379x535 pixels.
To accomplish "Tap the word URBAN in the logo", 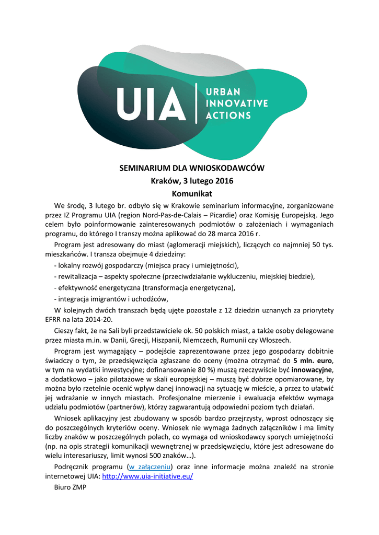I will pos(222,91).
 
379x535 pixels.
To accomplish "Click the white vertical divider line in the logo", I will pos(196,103).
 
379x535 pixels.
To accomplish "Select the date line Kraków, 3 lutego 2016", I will pos(189,181).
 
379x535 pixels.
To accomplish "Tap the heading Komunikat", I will pos(189,194).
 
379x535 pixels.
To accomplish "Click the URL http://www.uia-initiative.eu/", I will pos(147,476).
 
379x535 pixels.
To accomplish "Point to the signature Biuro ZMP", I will pos(70,487).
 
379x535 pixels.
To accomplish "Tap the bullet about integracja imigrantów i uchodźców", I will pos(111,299).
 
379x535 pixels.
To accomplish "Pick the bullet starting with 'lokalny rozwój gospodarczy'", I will pos(146,265).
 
